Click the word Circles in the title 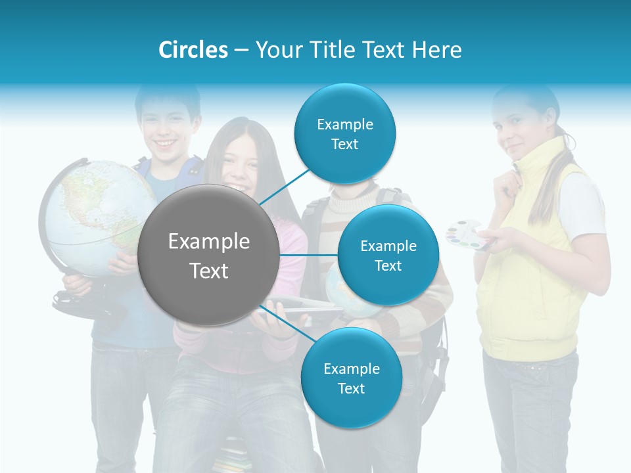tap(193, 49)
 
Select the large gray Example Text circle tap(209, 256)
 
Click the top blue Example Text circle tap(344, 133)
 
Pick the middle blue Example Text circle tap(388, 255)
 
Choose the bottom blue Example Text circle tap(351, 378)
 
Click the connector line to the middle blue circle tap(309, 255)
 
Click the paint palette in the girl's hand tap(467, 235)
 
